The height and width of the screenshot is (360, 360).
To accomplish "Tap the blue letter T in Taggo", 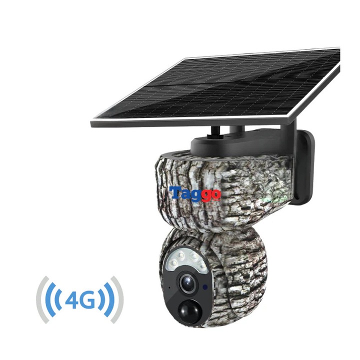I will (x=174, y=192).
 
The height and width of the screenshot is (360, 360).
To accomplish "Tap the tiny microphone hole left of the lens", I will (x=170, y=288).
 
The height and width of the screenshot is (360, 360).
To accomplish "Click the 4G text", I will (x=80, y=300).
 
